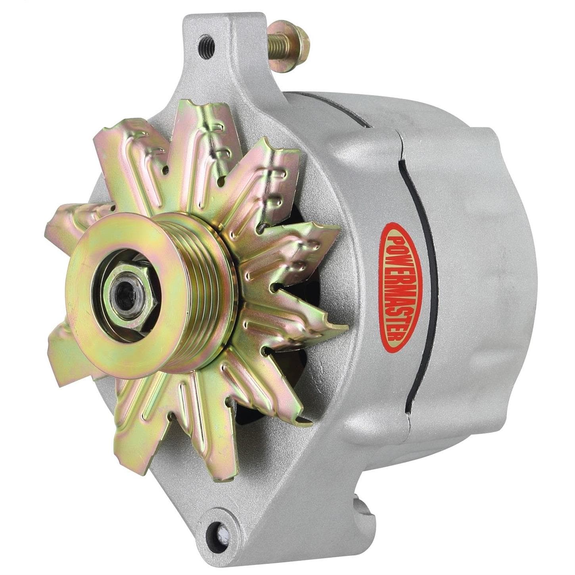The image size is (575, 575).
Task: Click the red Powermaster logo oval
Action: coord(401,291)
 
